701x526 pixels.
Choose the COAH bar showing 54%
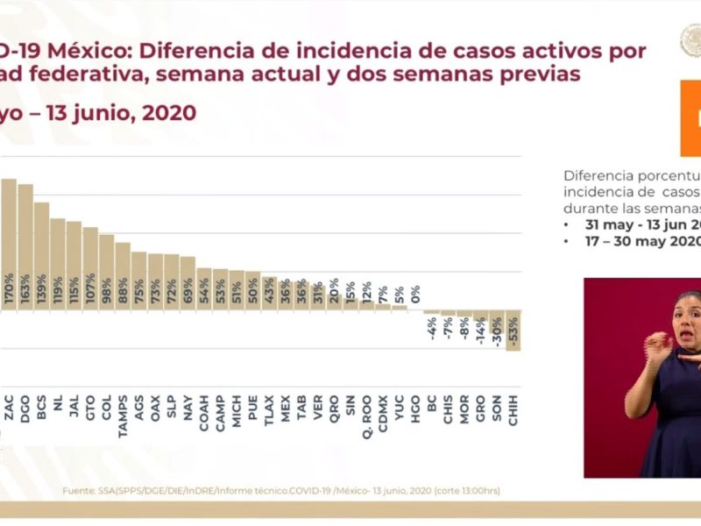coord(203,289)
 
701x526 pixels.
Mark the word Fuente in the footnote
coord(77,491)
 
